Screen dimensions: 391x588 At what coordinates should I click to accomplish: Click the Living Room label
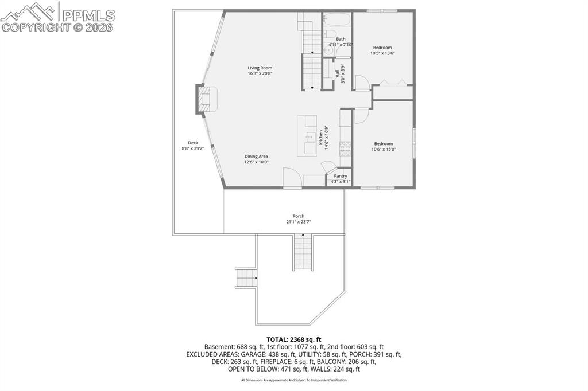pyautogui.click(x=260, y=68)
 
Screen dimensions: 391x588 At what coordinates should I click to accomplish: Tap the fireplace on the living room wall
pyautogui.click(x=206, y=98)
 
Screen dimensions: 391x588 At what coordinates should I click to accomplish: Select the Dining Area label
pyautogui.click(x=256, y=156)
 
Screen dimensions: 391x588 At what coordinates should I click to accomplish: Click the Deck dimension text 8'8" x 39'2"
pyautogui.click(x=193, y=148)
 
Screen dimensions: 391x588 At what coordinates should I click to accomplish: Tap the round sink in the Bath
pyautogui.click(x=328, y=50)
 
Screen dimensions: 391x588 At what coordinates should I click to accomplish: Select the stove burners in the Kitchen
pyautogui.click(x=346, y=150)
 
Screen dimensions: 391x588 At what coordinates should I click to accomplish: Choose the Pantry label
pyautogui.click(x=341, y=176)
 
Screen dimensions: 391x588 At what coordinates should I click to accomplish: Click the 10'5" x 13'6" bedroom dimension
pyautogui.click(x=383, y=53)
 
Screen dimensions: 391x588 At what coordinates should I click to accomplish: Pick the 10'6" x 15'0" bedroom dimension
pyautogui.click(x=384, y=150)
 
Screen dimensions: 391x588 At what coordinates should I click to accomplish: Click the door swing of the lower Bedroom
pyautogui.click(x=361, y=116)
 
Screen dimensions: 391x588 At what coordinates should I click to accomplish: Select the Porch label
pyautogui.click(x=299, y=216)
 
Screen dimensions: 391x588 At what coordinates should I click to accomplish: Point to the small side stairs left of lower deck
pyautogui.click(x=246, y=278)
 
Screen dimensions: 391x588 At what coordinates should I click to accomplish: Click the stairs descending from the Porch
pyautogui.click(x=303, y=252)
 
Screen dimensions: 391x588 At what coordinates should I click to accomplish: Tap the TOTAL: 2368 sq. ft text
pyautogui.click(x=293, y=339)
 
